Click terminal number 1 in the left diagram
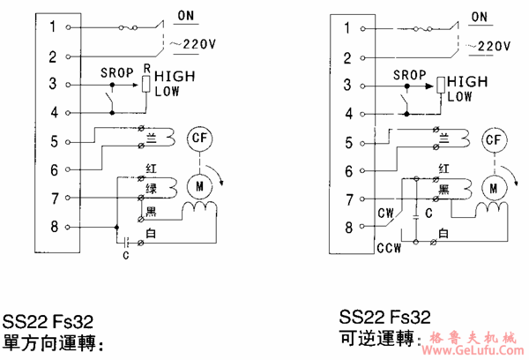pos(53,27)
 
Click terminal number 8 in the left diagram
pos(53,227)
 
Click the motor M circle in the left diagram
pos(197,184)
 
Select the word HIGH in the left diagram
pos(175,77)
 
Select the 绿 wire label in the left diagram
pos(151,188)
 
